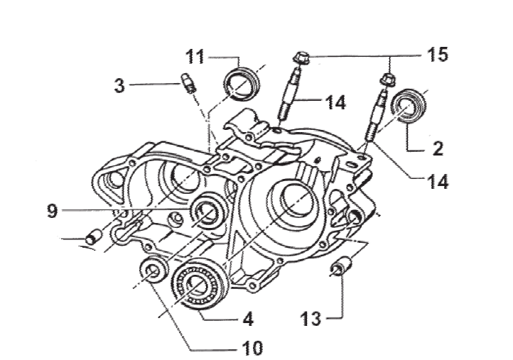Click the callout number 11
(195, 57)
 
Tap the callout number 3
(119, 86)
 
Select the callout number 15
(438, 54)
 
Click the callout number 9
(53, 211)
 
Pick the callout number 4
(248, 319)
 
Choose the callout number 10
(252, 348)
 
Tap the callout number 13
(311, 319)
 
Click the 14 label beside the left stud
(335, 102)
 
